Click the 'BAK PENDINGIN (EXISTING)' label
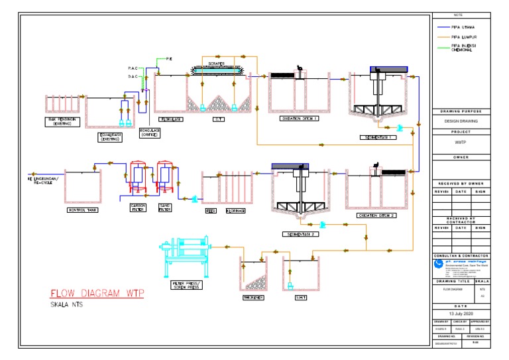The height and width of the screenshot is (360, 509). pos(60,121)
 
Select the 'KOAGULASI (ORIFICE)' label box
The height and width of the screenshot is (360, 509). pos(148,132)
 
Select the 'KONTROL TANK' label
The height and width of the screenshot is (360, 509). pos(83,211)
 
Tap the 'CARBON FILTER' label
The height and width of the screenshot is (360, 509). pos(137,208)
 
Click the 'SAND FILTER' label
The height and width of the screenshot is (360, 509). pos(166,208)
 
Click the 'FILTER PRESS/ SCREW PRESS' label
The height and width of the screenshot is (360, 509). pos(187,285)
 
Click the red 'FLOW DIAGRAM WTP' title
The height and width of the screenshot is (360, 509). pos(97,294)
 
